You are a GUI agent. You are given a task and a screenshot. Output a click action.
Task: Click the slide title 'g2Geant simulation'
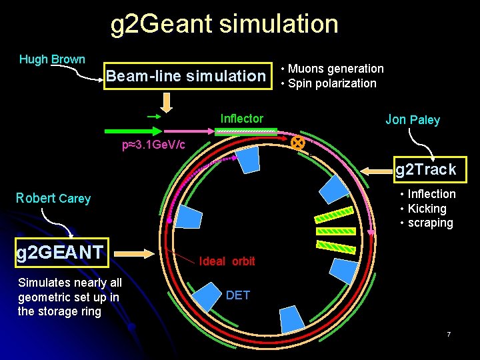(224, 24)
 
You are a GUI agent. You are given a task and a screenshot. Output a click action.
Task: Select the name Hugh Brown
(52, 59)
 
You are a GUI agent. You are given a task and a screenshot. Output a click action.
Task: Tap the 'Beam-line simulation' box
(186, 76)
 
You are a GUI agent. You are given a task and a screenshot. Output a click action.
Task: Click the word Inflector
(241, 119)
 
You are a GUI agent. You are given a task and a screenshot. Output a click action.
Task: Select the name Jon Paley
(413, 120)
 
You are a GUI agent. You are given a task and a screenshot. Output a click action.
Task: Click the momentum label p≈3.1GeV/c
(153, 145)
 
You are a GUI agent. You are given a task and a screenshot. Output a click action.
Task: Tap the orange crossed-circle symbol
(297, 143)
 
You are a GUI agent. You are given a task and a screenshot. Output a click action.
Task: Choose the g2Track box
(426, 169)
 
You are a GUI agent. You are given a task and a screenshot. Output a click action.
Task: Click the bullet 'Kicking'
(427, 209)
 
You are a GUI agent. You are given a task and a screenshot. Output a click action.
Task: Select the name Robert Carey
(53, 198)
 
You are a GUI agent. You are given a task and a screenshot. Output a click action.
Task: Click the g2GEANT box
(60, 252)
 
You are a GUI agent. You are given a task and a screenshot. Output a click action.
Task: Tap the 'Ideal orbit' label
(227, 261)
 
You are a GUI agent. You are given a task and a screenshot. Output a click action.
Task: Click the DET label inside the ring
(238, 295)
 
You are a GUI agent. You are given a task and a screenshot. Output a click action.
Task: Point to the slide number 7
(449, 334)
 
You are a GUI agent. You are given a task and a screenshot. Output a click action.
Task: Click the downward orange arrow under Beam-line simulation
(166, 101)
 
